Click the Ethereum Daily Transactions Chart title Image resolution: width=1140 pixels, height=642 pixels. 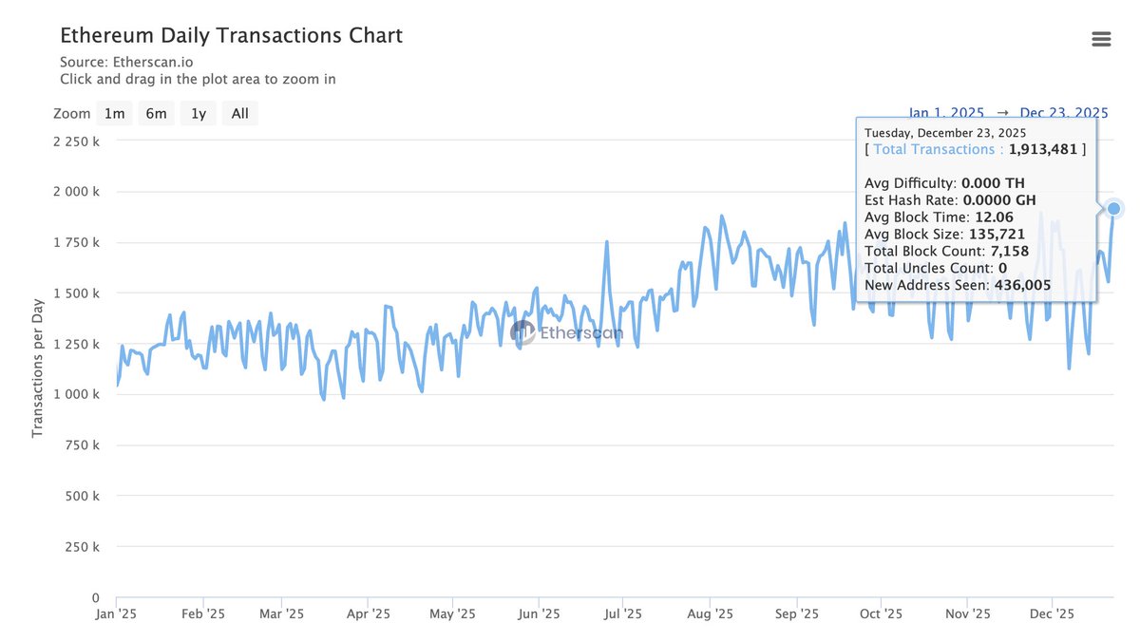point(231,36)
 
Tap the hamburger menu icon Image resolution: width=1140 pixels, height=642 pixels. point(1101,39)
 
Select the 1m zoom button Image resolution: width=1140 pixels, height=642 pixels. point(114,114)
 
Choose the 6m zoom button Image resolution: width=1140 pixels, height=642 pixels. point(156,114)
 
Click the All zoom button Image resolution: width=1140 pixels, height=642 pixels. point(239,114)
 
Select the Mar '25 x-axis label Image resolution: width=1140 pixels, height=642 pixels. point(281,614)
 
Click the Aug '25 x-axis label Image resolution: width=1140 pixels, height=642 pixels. point(710,614)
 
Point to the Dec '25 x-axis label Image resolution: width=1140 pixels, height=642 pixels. point(1052,614)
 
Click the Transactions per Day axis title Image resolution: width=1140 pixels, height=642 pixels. point(38,363)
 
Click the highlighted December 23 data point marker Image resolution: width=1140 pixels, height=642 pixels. point(1114,208)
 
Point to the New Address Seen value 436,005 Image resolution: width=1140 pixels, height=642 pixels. point(1022,285)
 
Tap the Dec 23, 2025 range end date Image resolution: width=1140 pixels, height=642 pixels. point(1064,114)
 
